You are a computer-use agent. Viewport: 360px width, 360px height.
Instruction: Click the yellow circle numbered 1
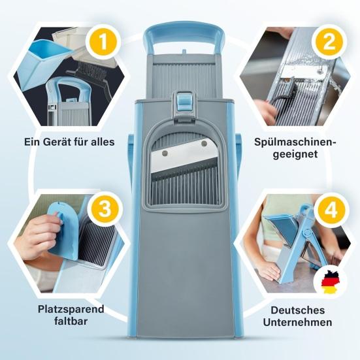pos(103,42)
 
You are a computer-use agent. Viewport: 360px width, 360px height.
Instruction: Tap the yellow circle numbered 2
pos(329,42)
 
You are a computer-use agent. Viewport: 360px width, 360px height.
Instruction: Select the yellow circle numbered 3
pos(105,209)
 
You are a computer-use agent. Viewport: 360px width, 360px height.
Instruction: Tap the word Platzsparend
pos(71,309)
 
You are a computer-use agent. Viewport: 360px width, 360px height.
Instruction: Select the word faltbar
pos(71,321)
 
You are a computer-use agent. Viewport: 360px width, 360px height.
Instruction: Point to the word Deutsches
pos(298,310)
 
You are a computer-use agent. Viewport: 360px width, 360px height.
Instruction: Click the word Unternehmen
pos(297,322)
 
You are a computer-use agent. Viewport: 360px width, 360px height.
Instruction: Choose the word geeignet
pos(295,154)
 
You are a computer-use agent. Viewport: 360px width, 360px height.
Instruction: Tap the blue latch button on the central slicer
pos(184,102)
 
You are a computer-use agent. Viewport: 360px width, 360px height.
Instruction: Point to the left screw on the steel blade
pos(165,153)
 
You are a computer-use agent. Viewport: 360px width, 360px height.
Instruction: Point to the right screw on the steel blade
pos(204,144)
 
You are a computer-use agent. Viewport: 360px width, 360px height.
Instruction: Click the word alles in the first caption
pos(103,142)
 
